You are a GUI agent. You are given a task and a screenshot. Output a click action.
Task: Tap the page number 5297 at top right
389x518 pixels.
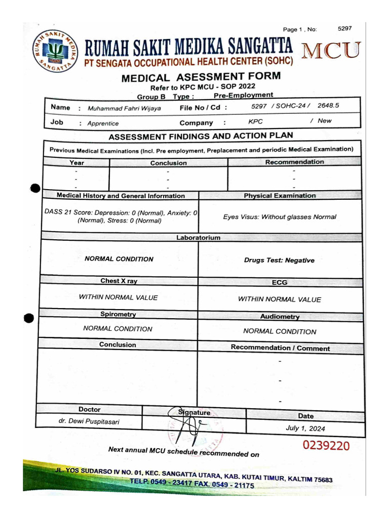click(x=344, y=29)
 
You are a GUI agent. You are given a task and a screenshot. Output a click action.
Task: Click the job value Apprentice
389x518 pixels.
click(x=103, y=123)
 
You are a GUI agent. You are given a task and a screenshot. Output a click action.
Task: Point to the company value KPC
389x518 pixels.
click(x=255, y=122)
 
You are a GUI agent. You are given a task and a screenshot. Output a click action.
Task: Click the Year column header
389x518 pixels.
click(x=76, y=163)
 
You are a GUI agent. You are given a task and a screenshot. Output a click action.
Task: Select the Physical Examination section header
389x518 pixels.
click(x=279, y=195)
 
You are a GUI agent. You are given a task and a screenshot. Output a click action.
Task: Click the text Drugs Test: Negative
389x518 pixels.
click(x=279, y=261)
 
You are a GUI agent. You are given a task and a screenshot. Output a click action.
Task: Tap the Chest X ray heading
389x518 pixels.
click(x=119, y=281)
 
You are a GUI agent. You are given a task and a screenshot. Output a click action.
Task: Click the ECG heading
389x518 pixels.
click(x=279, y=283)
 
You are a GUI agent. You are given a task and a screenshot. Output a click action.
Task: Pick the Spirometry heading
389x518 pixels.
click(x=118, y=314)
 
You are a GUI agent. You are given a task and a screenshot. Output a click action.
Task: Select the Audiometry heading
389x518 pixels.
click(x=280, y=317)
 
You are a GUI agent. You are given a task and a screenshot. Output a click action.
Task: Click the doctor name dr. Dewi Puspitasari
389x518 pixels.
click(x=89, y=421)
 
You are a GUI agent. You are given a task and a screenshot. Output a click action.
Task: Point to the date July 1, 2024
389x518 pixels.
click(x=305, y=428)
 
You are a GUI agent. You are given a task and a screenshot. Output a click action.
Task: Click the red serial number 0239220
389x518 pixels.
click(x=326, y=446)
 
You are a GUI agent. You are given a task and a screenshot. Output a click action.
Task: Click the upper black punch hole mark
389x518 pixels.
click(x=35, y=189)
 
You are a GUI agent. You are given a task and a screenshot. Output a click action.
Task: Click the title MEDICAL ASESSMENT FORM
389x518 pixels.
click(x=201, y=77)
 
